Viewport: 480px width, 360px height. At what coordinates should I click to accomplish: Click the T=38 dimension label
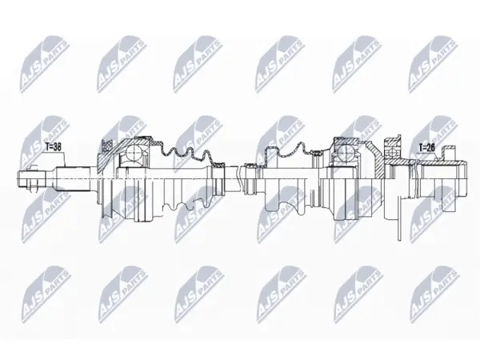click(54, 147)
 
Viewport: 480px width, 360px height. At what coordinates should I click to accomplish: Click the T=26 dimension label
click(426, 148)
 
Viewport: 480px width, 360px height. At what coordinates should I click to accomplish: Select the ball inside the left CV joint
click(134, 150)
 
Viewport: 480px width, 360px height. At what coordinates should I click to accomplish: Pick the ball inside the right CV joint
click(345, 150)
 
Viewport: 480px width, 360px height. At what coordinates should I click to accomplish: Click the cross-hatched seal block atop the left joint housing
click(106, 146)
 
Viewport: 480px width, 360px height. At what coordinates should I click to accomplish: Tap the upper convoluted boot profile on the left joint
click(186, 152)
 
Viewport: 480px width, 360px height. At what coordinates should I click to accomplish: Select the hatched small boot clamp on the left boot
click(219, 165)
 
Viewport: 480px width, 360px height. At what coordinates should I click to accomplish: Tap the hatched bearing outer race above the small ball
click(393, 142)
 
